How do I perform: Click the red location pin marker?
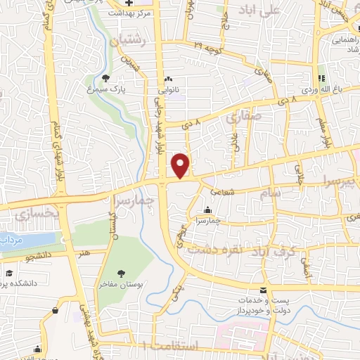[181, 166]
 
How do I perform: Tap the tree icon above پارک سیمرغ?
[105, 79]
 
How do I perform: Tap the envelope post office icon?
[263, 291]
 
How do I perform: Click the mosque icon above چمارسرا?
[207, 210]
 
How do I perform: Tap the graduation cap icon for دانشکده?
[8, 273]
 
